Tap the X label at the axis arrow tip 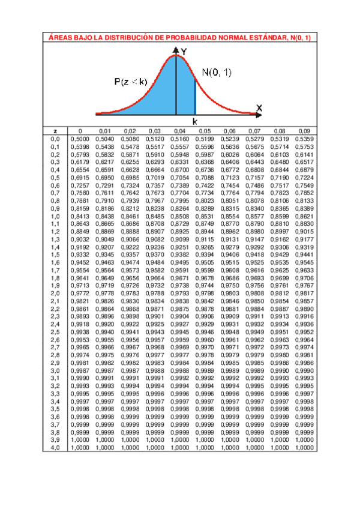pyautogui.click(x=259, y=107)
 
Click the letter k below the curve pyautogui.click(x=195, y=121)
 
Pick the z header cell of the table pyautogui.click(x=55, y=130)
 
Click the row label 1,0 pyautogui.click(x=55, y=216)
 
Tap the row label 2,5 pyautogui.click(x=55, y=332)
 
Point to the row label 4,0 pyautogui.click(x=55, y=448)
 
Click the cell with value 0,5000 pyautogui.click(x=80, y=139)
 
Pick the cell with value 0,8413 pyautogui.click(x=80, y=216)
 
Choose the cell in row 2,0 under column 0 pyautogui.click(x=80, y=293)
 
